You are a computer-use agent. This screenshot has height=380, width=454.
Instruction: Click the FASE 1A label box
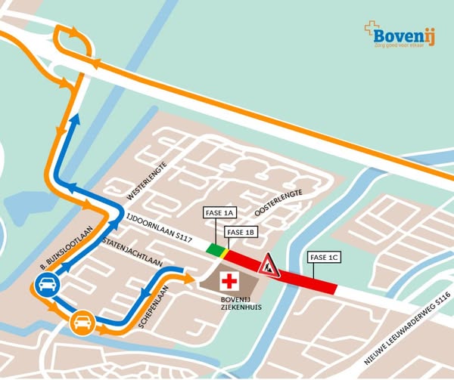tap(221, 215)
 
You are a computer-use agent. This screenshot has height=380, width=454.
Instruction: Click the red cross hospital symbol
tap(229, 282)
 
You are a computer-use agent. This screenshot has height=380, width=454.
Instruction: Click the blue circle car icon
tap(46, 286)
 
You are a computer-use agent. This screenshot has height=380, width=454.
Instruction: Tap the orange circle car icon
tap(82, 323)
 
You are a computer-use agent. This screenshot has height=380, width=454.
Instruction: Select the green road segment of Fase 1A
tap(216, 249)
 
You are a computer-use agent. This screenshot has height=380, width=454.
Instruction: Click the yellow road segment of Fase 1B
tap(225, 252)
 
